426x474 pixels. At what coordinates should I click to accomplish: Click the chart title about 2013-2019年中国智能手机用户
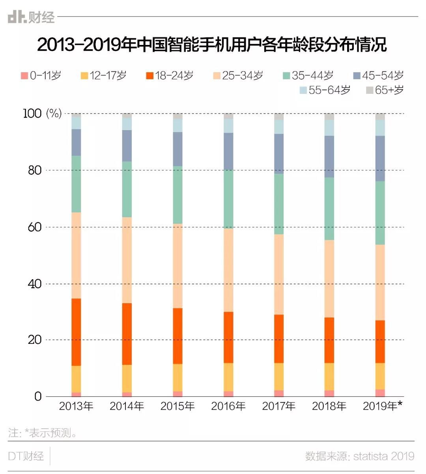tap(212, 45)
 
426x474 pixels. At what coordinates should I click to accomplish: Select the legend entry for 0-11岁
tap(41, 75)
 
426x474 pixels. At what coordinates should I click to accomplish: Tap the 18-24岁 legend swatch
tap(149, 75)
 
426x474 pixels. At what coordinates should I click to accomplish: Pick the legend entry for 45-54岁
tap(378, 75)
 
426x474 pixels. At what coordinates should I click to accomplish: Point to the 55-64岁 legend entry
tap(325, 90)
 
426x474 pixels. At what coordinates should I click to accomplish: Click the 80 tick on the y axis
tap(34, 170)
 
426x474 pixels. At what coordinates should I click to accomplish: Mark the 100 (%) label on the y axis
tap(42, 114)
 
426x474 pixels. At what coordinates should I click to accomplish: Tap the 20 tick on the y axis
tap(34, 340)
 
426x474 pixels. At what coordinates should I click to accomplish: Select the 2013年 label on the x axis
tap(76, 406)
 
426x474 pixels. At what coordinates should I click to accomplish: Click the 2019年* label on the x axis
tap(382, 406)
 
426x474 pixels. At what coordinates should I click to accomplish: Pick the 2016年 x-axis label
tap(228, 406)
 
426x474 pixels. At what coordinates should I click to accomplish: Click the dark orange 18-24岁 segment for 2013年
tap(76, 332)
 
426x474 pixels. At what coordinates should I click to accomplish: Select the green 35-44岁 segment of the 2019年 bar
tap(380, 213)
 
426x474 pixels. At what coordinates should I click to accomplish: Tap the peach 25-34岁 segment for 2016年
tap(228, 270)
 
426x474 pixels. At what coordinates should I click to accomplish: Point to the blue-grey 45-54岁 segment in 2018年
tap(329, 157)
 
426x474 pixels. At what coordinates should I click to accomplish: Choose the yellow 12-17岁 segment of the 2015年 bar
tap(177, 377)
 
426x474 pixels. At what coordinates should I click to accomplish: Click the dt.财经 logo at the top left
tap(31, 17)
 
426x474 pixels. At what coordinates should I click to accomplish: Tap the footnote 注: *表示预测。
tap(43, 433)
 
